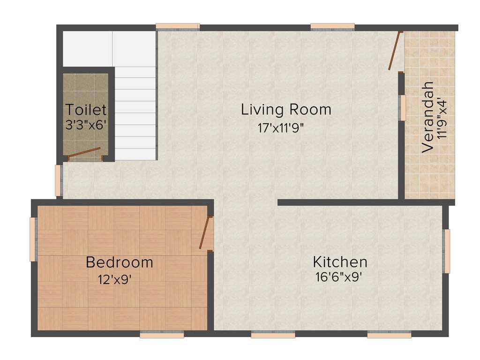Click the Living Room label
[x=286, y=110]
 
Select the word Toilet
[x=86, y=110]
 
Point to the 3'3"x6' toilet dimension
[x=87, y=125]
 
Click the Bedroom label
[x=119, y=262]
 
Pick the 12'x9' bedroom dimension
[x=114, y=280]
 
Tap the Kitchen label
[x=340, y=262]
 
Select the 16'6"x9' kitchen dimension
[x=339, y=277]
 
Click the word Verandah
[x=427, y=117]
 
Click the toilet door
[x=84, y=153]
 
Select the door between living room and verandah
[x=395, y=51]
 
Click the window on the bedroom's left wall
[x=33, y=239]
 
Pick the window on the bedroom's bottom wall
[x=162, y=335]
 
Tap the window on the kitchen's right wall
[x=447, y=251]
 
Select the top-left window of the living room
[x=178, y=26]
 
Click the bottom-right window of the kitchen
[x=389, y=335]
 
